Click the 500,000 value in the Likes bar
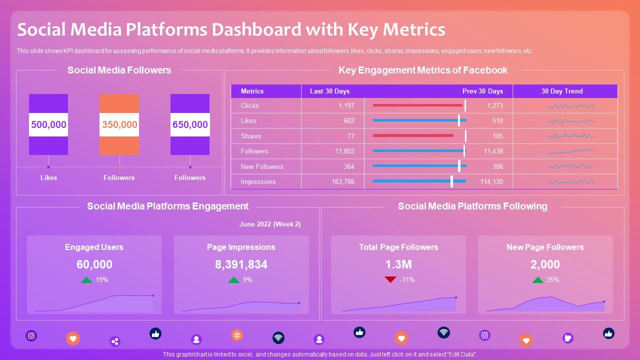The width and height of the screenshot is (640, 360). click(x=48, y=124)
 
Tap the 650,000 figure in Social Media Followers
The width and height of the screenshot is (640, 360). click(x=190, y=124)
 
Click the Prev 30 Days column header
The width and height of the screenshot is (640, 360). click(x=482, y=91)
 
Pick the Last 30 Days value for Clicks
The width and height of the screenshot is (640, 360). click(x=346, y=105)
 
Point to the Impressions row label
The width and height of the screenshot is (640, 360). click(x=258, y=181)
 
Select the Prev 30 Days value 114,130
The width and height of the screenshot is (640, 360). click(x=491, y=181)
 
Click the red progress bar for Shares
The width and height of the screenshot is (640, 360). click(x=413, y=135)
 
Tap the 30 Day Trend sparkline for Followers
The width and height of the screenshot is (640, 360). click(x=570, y=151)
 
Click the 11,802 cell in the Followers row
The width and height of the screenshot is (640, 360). click(x=344, y=151)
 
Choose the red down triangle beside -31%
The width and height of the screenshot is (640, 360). click(x=390, y=279)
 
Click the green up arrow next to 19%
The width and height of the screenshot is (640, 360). click(x=86, y=280)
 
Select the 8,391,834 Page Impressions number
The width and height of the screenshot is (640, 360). click(x=241, y=264)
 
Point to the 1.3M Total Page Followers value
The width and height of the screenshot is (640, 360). click(x=398, y=264)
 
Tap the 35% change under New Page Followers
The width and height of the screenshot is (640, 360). click(x=552, y=279)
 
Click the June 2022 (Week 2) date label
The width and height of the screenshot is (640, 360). click(x=269, y=224)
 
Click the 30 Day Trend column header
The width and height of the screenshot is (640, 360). click(x=561, y=91)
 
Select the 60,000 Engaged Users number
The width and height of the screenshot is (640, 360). click(x=94, y=264)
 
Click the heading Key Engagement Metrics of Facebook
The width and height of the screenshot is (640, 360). click(x=422, y=70)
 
